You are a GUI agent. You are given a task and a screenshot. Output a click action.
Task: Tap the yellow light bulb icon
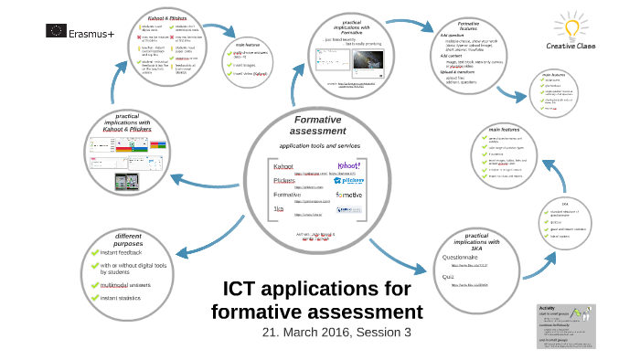(571, 24)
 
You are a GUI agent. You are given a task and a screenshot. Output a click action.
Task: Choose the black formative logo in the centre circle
(348, 195)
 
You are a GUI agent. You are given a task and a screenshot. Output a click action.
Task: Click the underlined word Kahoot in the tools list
(283, 166)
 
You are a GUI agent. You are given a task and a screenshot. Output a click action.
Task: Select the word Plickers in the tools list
(284, 181)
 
